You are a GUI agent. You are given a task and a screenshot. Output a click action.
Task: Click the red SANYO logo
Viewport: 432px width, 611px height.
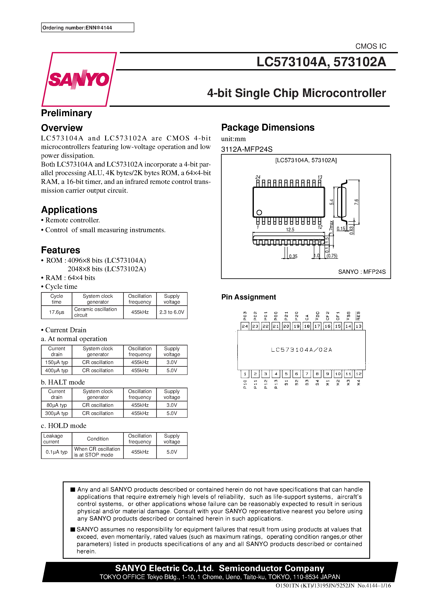79,79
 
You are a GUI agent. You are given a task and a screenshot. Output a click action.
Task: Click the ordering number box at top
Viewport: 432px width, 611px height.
87,27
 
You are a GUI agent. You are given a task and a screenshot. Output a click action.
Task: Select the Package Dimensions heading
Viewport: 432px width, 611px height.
268,127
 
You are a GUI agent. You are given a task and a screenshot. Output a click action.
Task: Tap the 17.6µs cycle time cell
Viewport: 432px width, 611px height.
56,312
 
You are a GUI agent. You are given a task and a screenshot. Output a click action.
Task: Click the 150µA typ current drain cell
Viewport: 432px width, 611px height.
56,362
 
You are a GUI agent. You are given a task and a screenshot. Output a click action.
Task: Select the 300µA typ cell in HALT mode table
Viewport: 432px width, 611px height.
56,413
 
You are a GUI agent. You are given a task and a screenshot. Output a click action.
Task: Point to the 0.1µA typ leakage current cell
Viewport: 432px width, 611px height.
56,452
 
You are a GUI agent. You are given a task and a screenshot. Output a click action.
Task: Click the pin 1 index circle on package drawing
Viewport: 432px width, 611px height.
259,212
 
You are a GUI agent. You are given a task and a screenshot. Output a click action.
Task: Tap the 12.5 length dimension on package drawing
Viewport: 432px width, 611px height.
290,230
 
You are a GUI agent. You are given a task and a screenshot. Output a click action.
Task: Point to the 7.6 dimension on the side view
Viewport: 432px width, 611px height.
356,202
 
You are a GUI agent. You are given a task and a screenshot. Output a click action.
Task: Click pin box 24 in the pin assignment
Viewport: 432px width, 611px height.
245,326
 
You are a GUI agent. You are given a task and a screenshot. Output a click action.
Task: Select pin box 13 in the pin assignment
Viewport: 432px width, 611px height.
358,326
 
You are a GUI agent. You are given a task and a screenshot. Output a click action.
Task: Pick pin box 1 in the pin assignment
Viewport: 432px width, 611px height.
245,374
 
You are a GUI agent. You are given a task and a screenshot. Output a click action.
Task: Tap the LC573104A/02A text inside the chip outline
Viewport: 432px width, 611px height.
302,350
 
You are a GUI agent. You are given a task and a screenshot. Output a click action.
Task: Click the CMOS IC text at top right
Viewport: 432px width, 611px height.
371,46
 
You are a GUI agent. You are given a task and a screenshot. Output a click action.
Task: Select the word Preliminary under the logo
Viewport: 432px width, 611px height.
66,113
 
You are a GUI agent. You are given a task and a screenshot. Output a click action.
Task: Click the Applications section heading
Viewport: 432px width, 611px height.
69,210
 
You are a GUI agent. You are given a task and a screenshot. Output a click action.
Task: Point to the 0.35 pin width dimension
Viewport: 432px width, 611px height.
293,256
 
